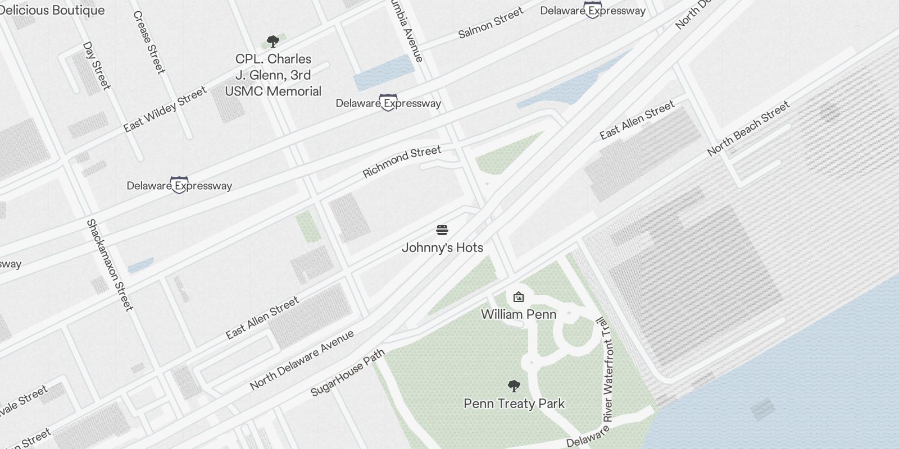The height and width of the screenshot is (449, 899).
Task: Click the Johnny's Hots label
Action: coord(442,248)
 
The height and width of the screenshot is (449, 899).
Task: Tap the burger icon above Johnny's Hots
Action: coord(442,230)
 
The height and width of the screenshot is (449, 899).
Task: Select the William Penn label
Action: coord(519,314)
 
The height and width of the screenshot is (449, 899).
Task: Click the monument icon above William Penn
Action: coord(518,297)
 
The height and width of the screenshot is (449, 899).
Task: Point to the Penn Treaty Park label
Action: coord(514,404)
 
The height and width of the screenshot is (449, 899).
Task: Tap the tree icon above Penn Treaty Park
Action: coord(514,386)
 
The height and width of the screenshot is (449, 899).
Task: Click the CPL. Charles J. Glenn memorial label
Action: coord(273,75)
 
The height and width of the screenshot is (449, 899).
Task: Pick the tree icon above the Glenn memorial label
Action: coord(273,41)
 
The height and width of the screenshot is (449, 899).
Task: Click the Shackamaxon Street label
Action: coord(110,265)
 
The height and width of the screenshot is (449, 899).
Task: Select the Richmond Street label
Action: coord(402,162)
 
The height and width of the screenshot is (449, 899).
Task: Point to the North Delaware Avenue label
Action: coord(302,360)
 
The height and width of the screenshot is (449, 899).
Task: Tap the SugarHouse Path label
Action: coord(348,372)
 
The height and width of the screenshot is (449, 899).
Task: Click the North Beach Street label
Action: coord(748,128)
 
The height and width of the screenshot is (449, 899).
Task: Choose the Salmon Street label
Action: coord(491,22)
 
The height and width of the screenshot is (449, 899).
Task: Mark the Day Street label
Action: coord(97,66)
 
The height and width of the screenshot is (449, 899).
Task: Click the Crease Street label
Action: coord(149,42)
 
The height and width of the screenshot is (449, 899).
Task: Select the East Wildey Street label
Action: coord(165,109)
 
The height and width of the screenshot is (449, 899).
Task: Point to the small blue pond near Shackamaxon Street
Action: coord(140,265)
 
